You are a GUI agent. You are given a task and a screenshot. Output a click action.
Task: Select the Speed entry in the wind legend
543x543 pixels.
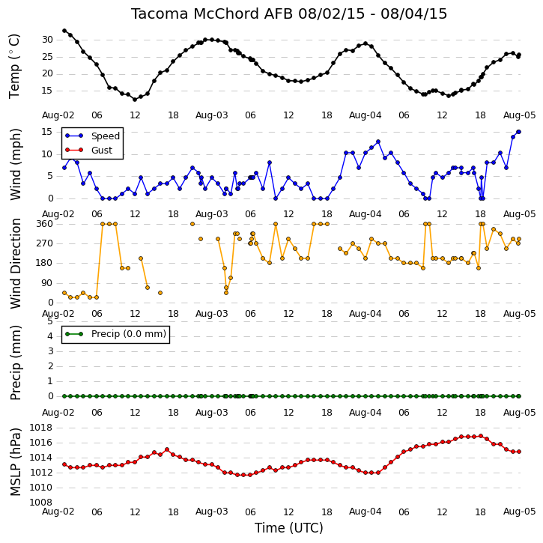coord(92,136)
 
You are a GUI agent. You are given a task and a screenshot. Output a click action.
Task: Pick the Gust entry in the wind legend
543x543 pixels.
coord(89,150)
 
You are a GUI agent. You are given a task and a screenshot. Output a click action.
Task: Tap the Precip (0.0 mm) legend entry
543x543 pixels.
coord(115,334)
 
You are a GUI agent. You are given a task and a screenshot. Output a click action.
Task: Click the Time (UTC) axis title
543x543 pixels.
coord(289,528)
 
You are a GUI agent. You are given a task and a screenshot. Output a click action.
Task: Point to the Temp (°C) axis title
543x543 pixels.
coord(14,66)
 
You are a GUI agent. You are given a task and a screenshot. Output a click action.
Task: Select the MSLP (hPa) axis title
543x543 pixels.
coord(15,462)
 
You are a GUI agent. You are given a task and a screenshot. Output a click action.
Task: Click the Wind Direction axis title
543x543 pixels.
coord(15,264)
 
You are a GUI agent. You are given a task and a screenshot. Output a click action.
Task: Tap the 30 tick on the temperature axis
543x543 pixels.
coord(47,40)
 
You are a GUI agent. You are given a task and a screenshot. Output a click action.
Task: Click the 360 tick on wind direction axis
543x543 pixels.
coord(45,224)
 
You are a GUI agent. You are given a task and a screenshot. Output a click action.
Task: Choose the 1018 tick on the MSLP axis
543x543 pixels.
coord(41,428)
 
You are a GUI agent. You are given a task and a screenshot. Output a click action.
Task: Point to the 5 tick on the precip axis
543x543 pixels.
coord(50,321)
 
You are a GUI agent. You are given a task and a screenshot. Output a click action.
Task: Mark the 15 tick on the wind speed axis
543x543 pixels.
coord(47,132)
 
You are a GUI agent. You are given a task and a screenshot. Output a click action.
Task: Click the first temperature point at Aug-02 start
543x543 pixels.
coord(64,31)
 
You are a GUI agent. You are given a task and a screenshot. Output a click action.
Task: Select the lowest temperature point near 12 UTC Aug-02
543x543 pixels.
coord(135,100)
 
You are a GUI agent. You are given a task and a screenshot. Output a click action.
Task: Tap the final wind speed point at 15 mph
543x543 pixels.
coord(519,132)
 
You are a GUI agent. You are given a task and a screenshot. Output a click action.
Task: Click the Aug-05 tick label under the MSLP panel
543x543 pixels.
coord(519,512)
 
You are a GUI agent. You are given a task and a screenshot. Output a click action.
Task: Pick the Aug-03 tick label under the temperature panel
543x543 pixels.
coord(212,115)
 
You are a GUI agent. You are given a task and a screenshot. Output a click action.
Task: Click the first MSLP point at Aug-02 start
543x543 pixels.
coord(64,464)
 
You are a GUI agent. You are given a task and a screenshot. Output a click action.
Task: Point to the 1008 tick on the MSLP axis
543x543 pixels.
coord(41,503)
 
